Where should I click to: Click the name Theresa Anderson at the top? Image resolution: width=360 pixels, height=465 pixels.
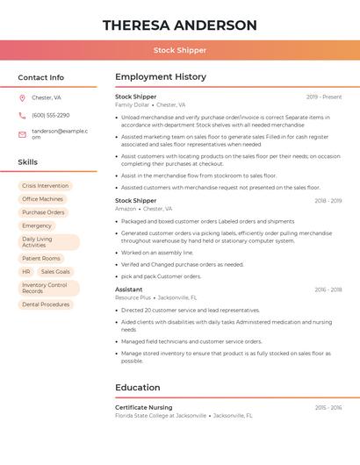click(180, 25)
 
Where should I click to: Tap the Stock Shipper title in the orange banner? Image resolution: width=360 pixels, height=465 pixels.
click(180, 50)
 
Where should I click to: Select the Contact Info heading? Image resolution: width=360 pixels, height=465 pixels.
click(41, 77)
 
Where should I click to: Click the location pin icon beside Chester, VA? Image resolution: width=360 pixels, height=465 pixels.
click(22, 98)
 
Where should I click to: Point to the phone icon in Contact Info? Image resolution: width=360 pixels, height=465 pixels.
click(22, 116)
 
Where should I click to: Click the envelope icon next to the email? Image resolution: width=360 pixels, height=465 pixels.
click(22, 134)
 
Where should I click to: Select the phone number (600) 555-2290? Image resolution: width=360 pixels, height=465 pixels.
click(51, 116)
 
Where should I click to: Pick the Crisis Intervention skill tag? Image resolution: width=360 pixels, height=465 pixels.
click(45, 186)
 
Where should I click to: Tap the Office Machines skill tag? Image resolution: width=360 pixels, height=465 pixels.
click(42, 199)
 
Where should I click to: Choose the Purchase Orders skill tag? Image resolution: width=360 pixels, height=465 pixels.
click(43, 212)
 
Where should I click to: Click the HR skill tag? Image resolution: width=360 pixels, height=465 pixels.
click(26, 272)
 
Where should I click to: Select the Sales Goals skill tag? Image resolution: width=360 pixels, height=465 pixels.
click(55, 272)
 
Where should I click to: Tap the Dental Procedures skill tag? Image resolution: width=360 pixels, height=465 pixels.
click(46, 304)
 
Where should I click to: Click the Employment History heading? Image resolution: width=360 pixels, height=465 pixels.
click(160, 77)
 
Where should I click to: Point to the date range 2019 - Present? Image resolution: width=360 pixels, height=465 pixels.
click(324, 97)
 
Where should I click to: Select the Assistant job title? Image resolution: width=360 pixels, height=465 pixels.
click(128, 290)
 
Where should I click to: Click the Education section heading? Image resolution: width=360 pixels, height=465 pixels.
click(137, 387)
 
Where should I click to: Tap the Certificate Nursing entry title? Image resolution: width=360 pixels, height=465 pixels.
click(144, 407)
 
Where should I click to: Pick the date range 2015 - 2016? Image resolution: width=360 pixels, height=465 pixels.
click(328, 407)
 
